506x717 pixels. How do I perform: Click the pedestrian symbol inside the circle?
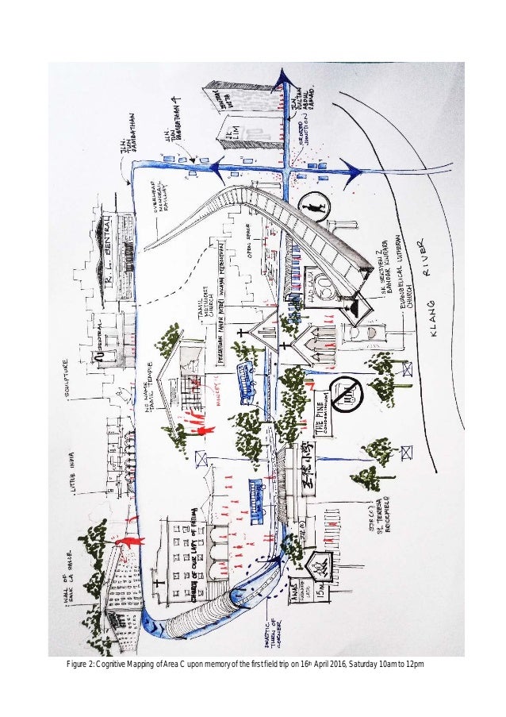[x=320, y=210]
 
